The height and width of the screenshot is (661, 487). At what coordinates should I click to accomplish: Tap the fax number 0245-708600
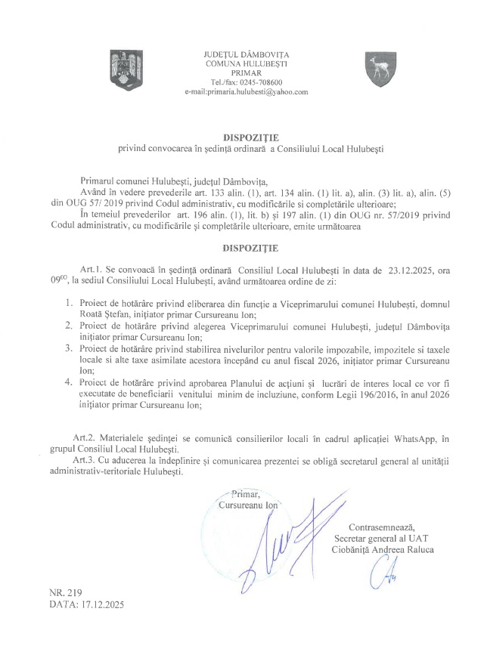(x=263, y=82)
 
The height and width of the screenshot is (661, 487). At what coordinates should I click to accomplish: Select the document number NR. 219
(x=65, y=594)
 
